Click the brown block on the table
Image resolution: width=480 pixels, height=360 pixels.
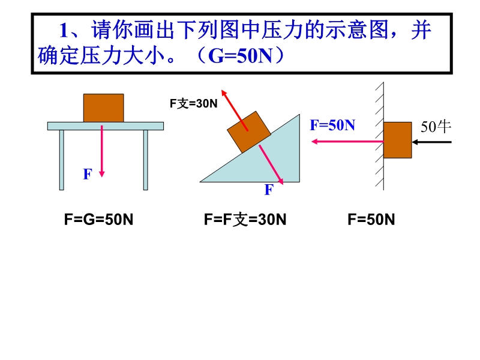coord(103,108)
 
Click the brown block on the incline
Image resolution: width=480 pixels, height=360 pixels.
coord(249,132)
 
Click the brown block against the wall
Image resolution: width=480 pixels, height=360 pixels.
coord(397,140)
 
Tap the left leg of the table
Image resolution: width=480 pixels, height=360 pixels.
coord(62,160)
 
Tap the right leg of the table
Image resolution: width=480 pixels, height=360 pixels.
coord(146,160)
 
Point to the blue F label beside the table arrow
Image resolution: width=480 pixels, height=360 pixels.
coord(88,174)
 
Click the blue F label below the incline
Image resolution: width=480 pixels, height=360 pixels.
coord(269,190)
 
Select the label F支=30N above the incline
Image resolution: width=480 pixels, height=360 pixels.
coord(193,103)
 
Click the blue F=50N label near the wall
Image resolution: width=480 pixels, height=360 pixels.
coord(332,125)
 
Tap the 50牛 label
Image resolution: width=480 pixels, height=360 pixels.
coord(436,127)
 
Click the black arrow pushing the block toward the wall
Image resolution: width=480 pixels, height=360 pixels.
coord(431,142)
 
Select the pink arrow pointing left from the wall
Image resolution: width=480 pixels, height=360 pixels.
coord(347,142)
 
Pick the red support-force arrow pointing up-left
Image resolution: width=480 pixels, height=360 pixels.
coord(235,110)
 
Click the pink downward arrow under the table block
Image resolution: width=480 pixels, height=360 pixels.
coord(102,151)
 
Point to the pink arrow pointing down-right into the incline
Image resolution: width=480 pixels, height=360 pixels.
coord(271,164)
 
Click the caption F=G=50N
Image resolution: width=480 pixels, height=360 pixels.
coord(98,220)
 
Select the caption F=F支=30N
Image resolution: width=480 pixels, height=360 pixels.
coord(245,220)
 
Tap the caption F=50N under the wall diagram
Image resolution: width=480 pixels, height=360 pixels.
coord(371,220)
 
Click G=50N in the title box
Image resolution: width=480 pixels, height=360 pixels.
coord(240,56)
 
